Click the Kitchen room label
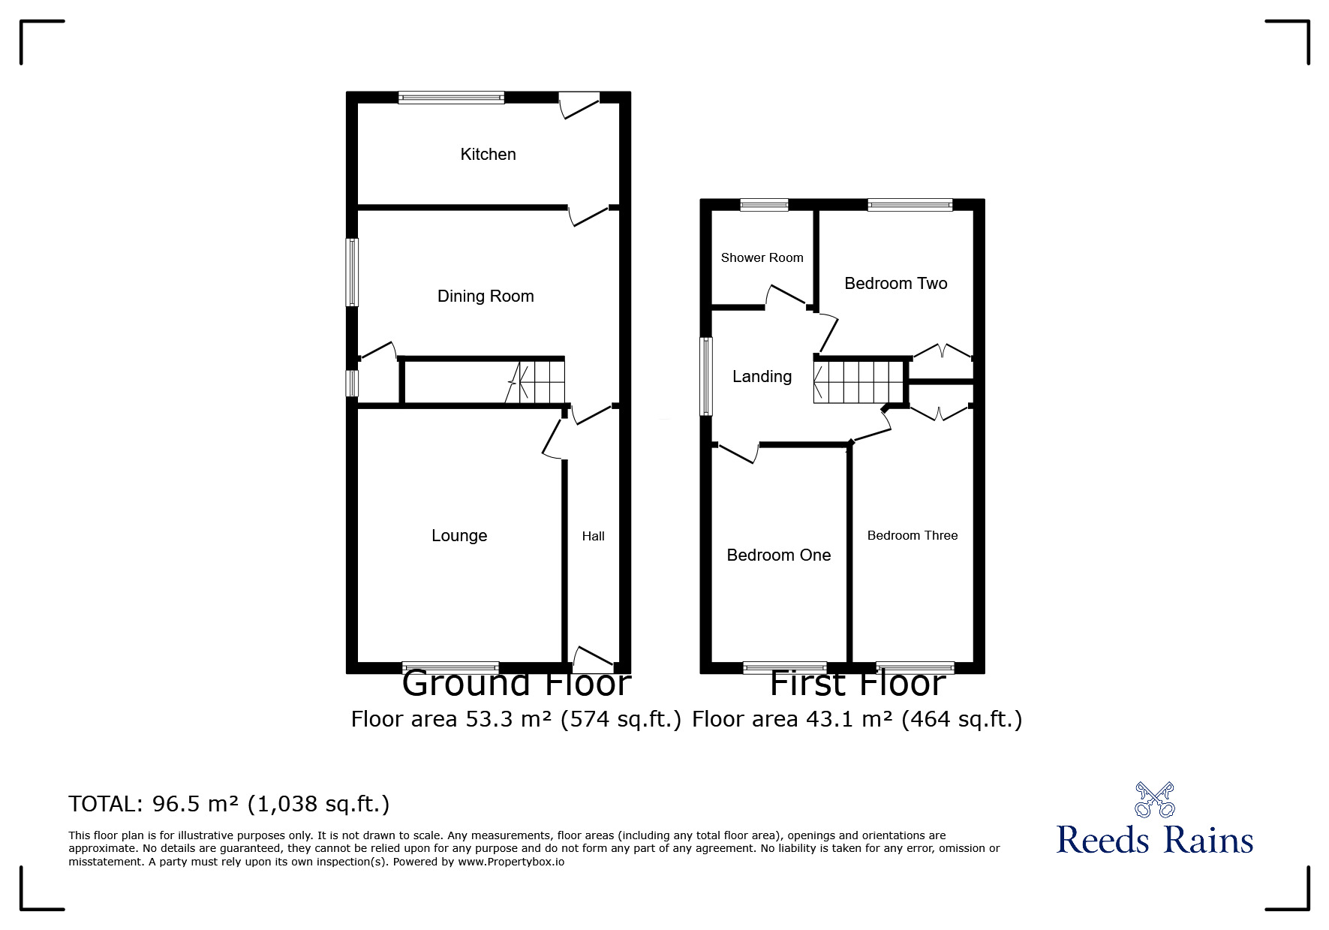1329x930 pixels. [488, 155]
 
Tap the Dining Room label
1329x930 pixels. [486, 296]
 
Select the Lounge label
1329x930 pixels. [459, 536]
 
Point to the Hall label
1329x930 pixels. [593, 536]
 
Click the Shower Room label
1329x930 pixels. [762, 257]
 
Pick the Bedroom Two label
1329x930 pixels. [895, 284]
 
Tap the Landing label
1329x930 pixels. [762, 377]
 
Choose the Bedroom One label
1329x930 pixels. [778, 555]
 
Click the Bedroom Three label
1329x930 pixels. [912, 535]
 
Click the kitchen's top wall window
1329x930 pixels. [451, 97]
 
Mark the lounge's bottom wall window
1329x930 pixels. [450, 667]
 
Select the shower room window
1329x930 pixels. [764, 204]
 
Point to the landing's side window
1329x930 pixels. [706, 376]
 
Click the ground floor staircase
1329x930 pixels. [534, 382]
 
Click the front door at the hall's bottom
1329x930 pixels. [594, 659]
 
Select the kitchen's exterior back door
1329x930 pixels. [580, 105]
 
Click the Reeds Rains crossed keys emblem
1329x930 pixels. [1154, 799]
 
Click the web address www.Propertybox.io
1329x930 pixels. [511, 862]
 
